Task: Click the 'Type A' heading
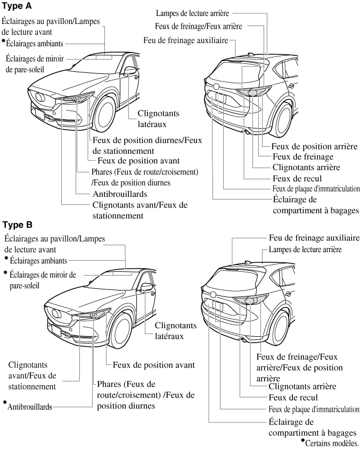click(18, 6)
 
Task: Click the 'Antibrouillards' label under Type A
click(119, 194)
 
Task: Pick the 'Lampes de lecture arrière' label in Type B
click(305, 249)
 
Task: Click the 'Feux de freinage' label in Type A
click(302, 157)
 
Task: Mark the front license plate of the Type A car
click(38, 113)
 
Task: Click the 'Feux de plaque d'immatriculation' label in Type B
click(314, 410)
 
